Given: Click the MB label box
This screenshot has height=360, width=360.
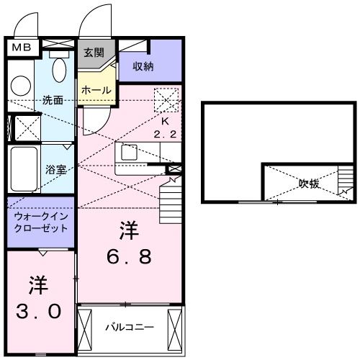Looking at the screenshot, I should (19, 48).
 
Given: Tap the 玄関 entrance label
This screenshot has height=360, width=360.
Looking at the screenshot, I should (93, 53).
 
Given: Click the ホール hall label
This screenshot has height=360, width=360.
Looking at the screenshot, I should (96, 90).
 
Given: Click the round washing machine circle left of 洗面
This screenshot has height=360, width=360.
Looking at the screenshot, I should (21, 85).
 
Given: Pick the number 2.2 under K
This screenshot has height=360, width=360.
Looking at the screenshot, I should (164, 135).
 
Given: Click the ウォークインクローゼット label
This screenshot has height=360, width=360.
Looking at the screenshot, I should (40, 222).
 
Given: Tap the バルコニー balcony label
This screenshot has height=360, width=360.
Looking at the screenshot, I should (130, 327).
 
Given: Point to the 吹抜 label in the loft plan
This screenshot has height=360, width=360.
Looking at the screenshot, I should (310, 183).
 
